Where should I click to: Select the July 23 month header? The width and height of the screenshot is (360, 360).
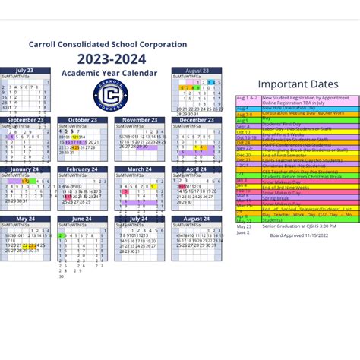[25, 71]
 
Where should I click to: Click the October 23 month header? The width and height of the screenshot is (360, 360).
[82, 120]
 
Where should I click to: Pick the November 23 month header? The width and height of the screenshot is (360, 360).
[139, 120]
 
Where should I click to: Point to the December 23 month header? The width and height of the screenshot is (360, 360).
[196, 120]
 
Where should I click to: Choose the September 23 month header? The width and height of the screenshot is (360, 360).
[25, 120]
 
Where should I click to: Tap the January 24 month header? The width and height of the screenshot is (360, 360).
[25, 169]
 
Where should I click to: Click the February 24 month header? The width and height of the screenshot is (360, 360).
[82, 169]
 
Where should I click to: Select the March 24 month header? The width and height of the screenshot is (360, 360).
[139, 169]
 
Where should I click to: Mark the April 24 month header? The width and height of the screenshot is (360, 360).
[196, 169]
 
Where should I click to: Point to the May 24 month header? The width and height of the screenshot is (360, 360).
[25, 219]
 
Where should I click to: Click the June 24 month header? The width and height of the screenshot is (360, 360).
[82, 219]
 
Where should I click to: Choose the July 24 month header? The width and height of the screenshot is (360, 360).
[139, 219]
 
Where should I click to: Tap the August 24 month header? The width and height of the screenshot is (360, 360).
[196, 219]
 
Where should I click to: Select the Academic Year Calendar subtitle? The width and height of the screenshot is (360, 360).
[109, 73]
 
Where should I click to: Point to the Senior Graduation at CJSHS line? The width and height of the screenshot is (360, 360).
[298, 226]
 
